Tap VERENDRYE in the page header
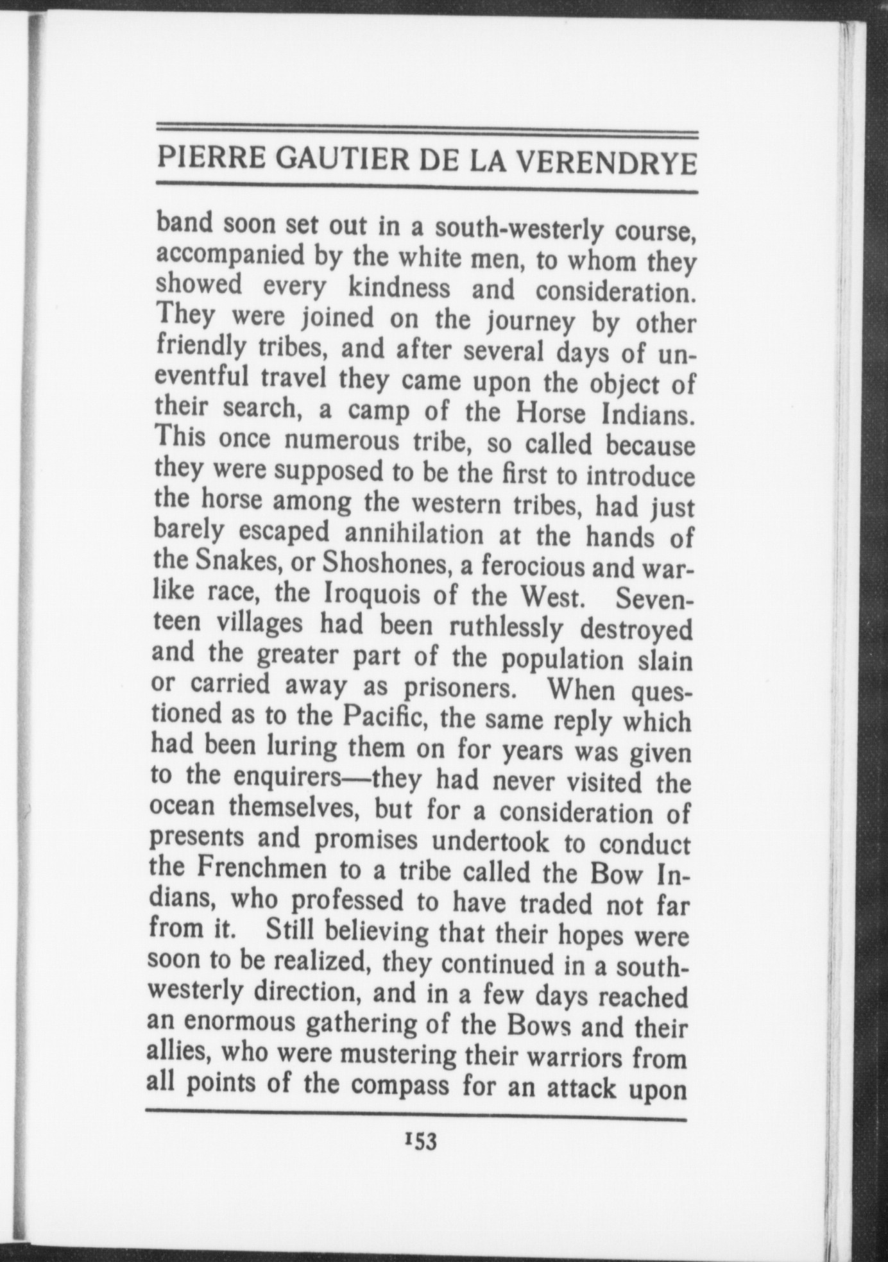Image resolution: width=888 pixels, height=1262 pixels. [x=607, y=163]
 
